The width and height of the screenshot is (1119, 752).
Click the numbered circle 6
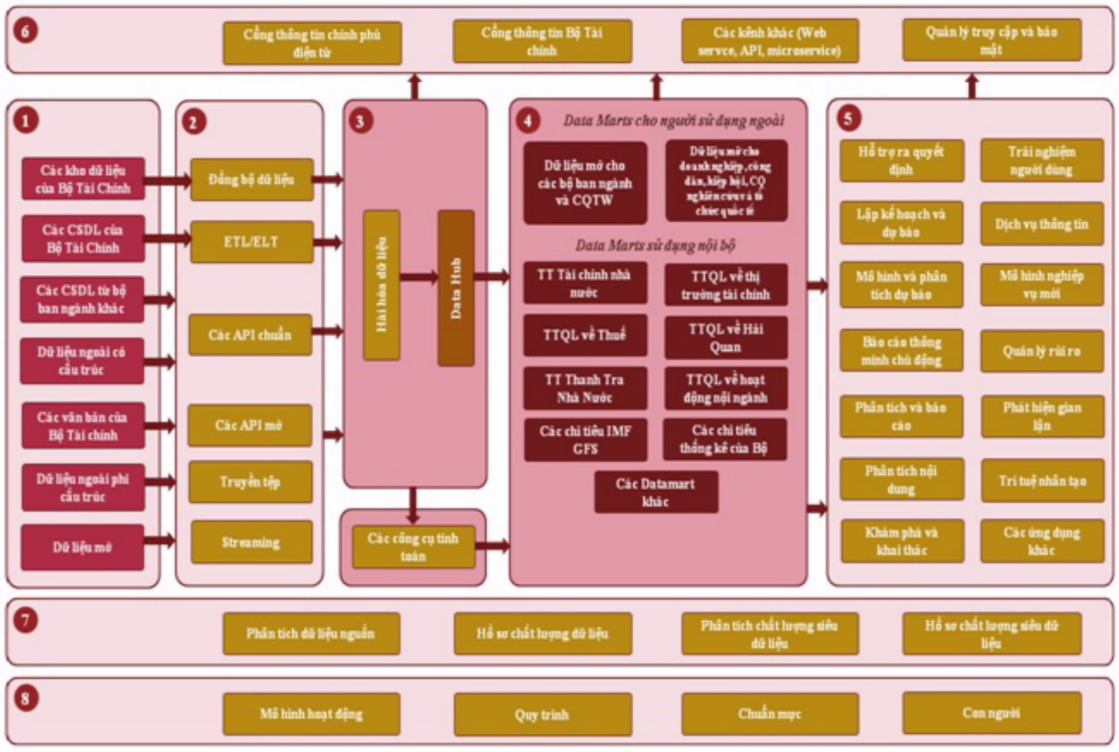(x=26, y=31)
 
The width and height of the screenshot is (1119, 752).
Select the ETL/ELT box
(x=251, y=242)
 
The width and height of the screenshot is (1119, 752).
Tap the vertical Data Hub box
(x=456, y=288)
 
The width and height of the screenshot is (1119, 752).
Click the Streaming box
(x=251, y=542)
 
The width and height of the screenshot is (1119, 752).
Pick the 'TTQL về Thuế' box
(x=584, y=335)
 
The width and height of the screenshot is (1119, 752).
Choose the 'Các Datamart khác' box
(x=655, y=493)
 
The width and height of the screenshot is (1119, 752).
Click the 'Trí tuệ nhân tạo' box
(x=1042, y=481)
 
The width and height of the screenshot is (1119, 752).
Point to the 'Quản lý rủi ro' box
(x=1042, y=352)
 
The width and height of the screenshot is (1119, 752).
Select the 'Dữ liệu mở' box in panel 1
(x=82, y=547)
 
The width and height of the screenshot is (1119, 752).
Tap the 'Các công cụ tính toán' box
(x=413, y=547)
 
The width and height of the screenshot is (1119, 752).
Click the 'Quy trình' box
(x=542, y=714)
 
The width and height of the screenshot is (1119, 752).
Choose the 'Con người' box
(x=991, y=713)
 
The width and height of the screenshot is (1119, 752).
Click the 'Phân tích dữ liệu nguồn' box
(x=310, y=634)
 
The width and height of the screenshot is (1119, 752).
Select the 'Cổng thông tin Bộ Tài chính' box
(x=542, y=42)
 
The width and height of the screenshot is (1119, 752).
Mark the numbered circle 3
(x=359, y=121)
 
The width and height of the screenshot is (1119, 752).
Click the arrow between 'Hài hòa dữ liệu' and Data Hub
(x=419, y=277)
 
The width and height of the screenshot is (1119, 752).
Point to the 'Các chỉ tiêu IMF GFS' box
(x=585, y=440)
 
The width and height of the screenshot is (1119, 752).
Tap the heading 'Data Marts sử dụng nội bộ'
(x=654, y=246)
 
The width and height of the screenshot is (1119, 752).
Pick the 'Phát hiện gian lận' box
(x=1042, y=417)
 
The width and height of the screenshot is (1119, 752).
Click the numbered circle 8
(x=26, y=698)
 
